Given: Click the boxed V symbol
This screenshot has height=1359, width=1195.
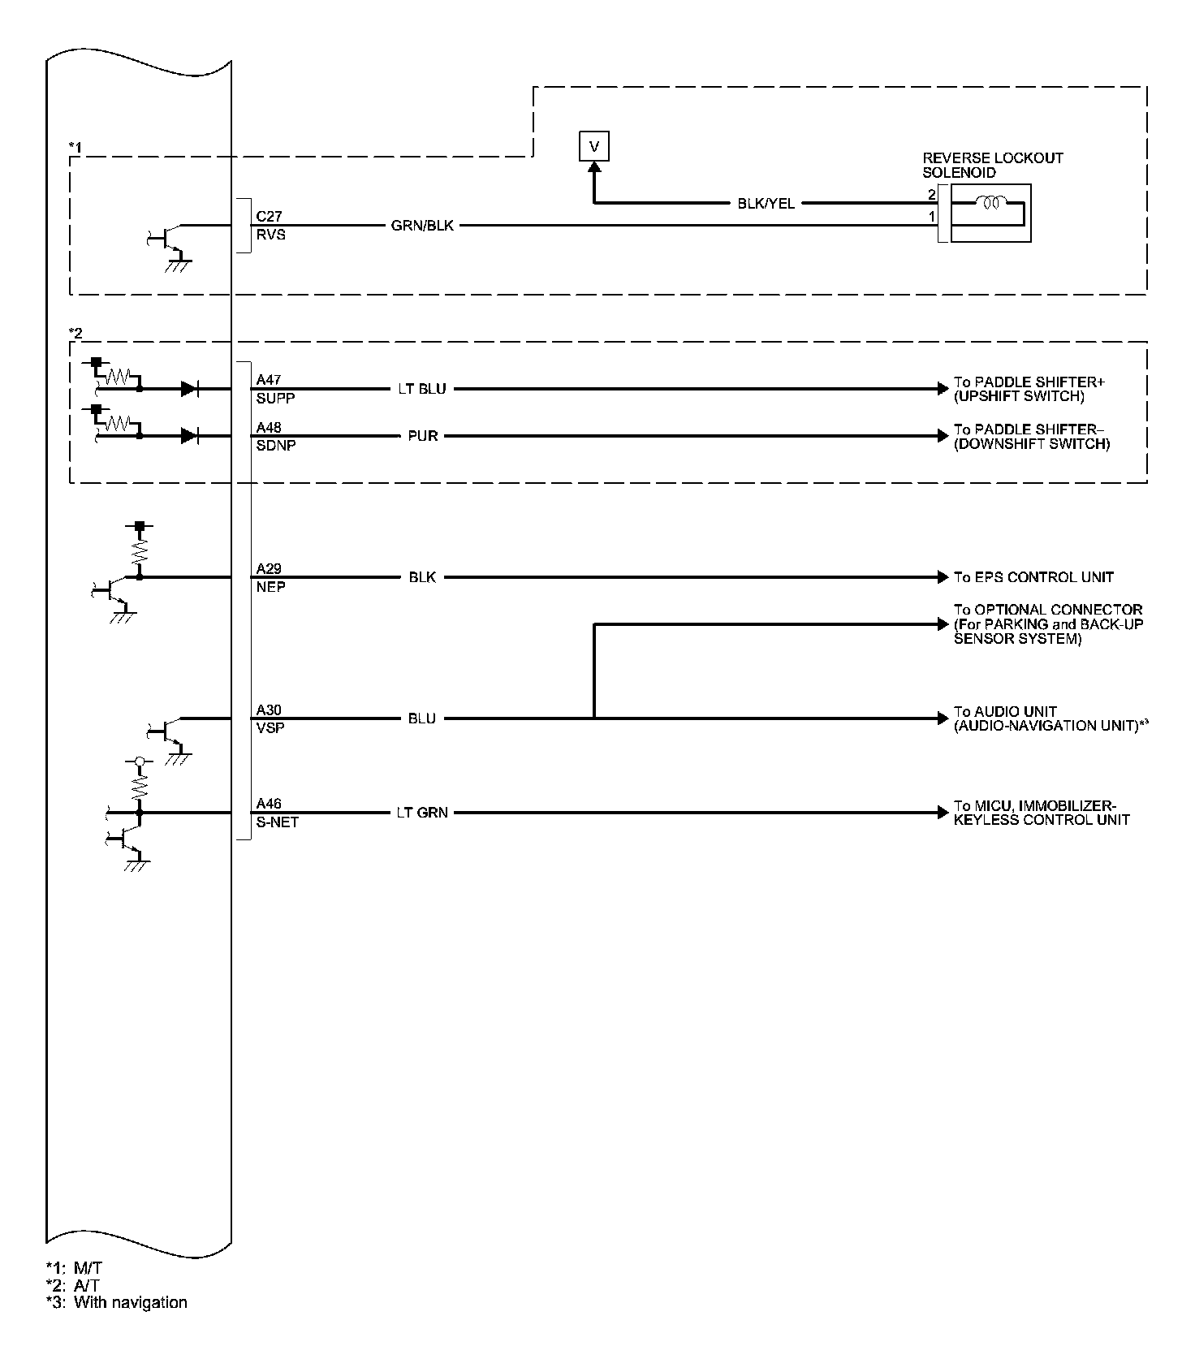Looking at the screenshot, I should pyautogui.click(x=594, y=147).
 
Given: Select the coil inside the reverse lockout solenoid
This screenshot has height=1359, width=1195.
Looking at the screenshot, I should pyautogui.click(x=992, y=203).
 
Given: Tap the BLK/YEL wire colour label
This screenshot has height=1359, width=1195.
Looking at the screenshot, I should pyautogui.click(x=766, y=204).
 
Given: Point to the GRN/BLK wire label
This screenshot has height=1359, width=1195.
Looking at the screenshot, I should pyautogui.click(x=422, y=226).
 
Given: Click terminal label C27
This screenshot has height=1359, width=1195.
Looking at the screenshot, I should pyautogui.click(x=269, y=217).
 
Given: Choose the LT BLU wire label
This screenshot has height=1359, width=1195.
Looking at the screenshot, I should pyautogui.click(x=421, y=389).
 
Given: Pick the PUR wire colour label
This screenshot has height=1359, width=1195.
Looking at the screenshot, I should pyautogui.click(x=423, y=436).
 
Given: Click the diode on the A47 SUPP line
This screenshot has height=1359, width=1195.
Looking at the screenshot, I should pyautogui.click(x=190, y=389).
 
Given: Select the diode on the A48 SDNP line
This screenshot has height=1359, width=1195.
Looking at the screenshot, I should pyautogui.click(x=190, y=436).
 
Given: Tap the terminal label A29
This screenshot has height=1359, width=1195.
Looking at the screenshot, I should pyautogui.click(x=269, y=569).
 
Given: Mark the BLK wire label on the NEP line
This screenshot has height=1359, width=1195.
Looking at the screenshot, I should pyautogui.click(x=422, y=577).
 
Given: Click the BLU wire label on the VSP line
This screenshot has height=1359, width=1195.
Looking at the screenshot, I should pyautogui.click(x=422, y=718).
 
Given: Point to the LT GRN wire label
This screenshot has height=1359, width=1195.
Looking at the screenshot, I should pyautogui.click(x=422, y=812).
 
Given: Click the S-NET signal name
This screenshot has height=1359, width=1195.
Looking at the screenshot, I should pyautogui.click(x=278, y=822).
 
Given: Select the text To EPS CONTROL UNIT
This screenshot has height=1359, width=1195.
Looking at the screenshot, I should pyautogui.click(x=1033, y=577).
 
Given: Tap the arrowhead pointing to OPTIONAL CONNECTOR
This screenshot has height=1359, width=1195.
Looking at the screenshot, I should pyautogui.click(x=942, y=624).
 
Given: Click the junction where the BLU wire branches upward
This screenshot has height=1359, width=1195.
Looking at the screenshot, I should pyautogui.click(x=594, y=718).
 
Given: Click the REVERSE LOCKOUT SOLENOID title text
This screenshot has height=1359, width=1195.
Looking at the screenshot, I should pyautogui.click(x=992, y=165).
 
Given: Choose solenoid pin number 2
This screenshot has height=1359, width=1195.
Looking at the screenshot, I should pyautogui.click(x=932, y=195).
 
